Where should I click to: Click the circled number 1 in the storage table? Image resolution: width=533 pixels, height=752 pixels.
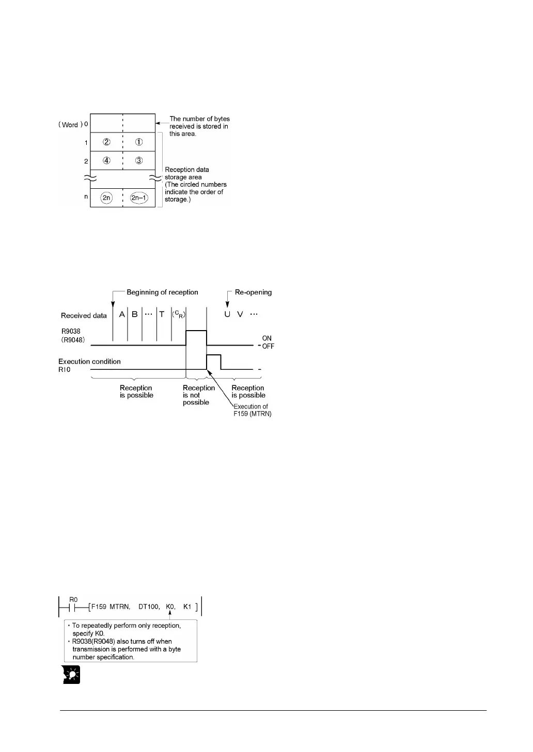coord(139,142)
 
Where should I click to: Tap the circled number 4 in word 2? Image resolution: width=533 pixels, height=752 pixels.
coord(106,160)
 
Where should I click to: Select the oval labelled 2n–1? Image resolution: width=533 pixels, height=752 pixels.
coord(139,198)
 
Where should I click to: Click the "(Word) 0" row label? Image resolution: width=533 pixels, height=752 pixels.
coord(73,124)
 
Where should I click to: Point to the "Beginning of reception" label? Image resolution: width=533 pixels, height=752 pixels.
coord(162,292)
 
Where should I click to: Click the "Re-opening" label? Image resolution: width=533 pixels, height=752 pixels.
coord(253,292)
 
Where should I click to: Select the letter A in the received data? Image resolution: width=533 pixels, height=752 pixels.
coord(122,314)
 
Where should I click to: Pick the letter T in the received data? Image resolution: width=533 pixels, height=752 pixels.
coord(162,314)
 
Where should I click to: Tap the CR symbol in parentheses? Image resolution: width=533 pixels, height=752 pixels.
coord(178,314)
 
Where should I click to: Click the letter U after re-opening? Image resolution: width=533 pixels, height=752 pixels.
coord(227,314)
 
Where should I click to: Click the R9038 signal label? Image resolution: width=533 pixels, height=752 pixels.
coord(71,332)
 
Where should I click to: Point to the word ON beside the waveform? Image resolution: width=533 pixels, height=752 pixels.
coord(267,338)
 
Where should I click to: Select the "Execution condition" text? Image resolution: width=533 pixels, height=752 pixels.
coord(89,362)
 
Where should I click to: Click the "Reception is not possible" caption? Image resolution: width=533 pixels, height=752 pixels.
coord(198,395)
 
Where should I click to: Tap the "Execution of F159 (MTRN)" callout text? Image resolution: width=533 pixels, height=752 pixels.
coord(252,410)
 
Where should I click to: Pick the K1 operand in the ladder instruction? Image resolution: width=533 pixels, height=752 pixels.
coord(187,607)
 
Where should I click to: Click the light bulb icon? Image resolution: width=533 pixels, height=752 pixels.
coord(71,675)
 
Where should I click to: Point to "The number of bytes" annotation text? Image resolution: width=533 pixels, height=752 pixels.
coord(199,119)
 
